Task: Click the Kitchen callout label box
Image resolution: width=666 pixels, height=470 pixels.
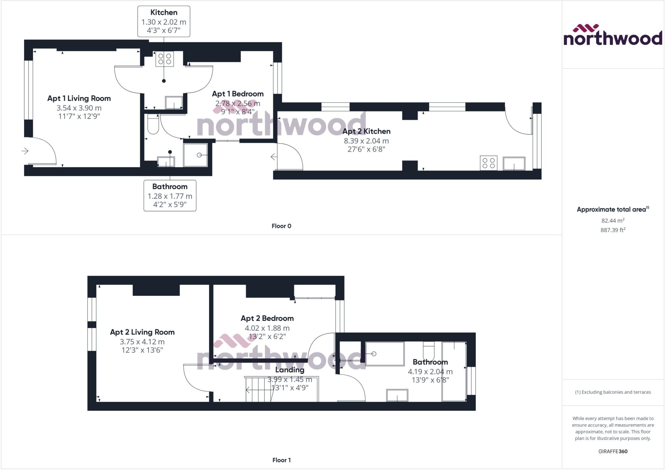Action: click(164, 21)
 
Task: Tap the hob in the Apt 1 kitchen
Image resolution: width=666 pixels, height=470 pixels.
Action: click(165, 59)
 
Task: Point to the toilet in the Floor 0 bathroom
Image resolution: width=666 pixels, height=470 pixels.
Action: click(153, 125)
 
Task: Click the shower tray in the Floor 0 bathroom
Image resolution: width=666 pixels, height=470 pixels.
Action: click(195, 155)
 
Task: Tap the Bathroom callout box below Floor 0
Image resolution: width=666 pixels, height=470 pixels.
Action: click(170, 196)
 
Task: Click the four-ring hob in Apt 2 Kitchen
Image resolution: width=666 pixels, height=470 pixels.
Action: click(488, 163)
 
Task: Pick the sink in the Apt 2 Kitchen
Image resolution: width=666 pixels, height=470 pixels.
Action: click(514, 163)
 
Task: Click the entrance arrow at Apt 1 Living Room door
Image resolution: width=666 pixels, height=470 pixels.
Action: click(25, 151)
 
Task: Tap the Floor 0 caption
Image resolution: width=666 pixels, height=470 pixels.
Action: click(281, 226)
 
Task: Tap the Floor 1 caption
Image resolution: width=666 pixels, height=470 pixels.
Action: click(281, 460)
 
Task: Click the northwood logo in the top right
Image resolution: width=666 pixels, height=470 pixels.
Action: click(613, 35)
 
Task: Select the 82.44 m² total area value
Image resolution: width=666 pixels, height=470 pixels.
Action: click(613, 221)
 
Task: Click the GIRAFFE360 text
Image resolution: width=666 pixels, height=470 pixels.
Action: click(613, 451)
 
